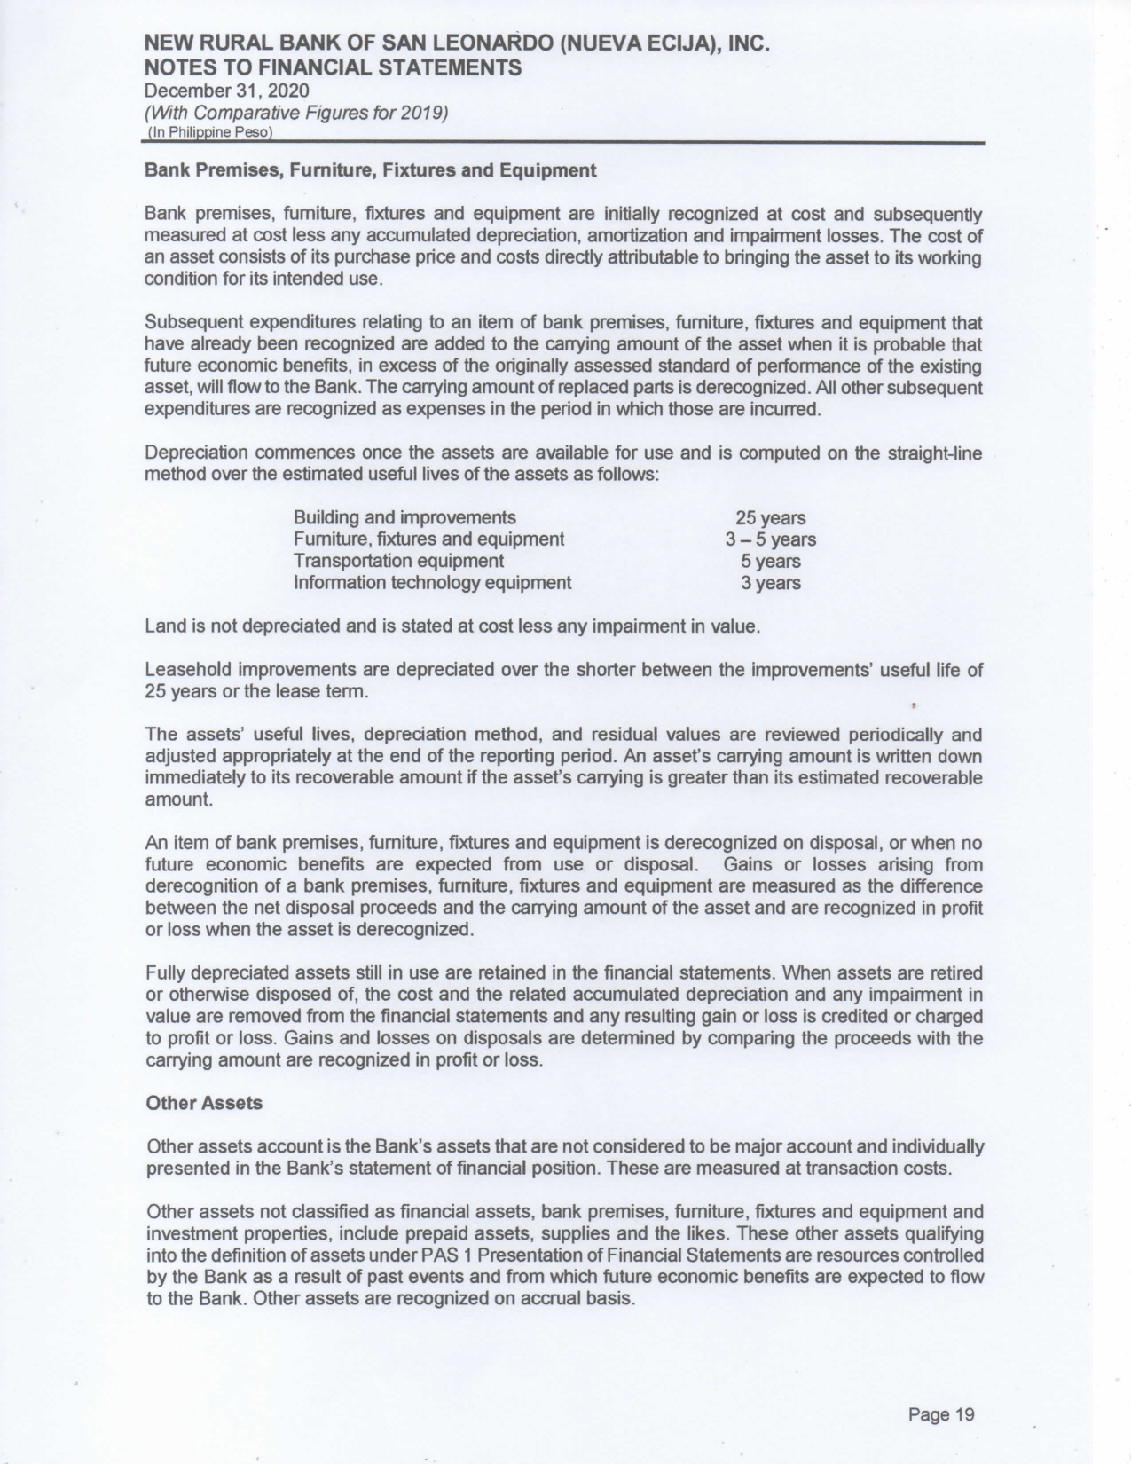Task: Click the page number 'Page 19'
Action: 941,1414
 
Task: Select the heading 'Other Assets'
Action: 204,1103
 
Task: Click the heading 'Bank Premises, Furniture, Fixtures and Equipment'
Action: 370,170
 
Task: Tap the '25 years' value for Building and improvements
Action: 770,518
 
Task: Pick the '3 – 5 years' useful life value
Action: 770,539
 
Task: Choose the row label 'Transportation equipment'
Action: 398,561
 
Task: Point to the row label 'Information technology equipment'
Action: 432,583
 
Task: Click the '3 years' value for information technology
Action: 770,583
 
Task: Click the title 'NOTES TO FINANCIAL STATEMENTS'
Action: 333,67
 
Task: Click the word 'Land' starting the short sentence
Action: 163,626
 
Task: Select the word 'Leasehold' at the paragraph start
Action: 184,670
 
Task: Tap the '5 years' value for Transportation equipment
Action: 770,562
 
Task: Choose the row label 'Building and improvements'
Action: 404,517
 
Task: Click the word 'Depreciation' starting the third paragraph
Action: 193,453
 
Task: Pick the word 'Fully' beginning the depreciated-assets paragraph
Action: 163,972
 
